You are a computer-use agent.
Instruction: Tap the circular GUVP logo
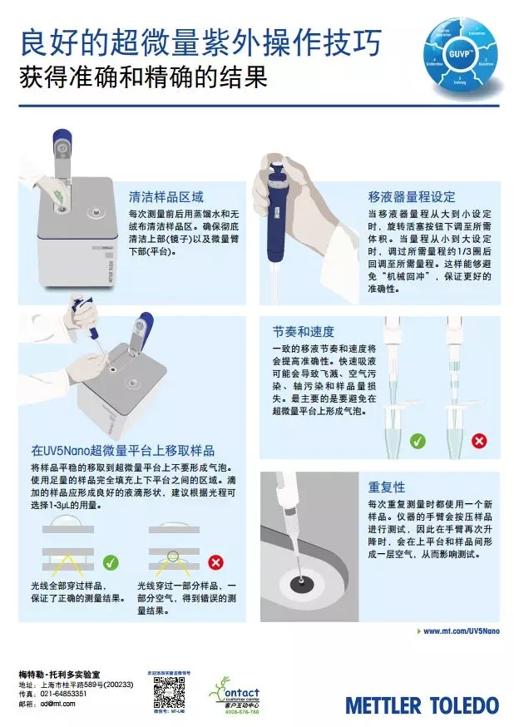462,56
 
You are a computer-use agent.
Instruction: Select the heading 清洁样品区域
166,197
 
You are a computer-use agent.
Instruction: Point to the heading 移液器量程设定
412,197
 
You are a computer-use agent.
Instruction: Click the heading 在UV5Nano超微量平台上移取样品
123,450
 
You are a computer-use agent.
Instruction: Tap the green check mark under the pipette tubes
418,441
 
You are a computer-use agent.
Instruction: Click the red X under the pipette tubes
479,441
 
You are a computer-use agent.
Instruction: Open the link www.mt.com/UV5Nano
461,631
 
